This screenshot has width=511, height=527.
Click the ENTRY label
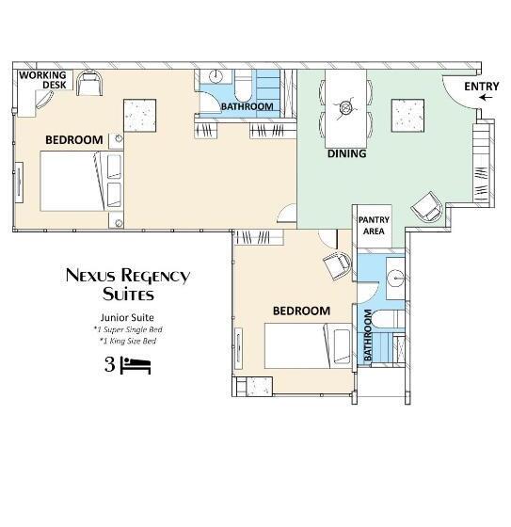pyautogui.click(x=482, y=87)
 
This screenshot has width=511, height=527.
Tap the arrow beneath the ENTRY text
pyautogui.click(x=486, y=98)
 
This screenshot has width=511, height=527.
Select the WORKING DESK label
pyautogui.click(x=43, y=80)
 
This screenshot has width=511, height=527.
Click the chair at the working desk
pyautogui.click(x=89, y=83)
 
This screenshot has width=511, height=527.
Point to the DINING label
pyautogui.click(x=347, y=153)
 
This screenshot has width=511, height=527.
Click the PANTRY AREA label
pyautogui.click(x=374, y=226)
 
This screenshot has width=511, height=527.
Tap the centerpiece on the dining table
pyautogui.click(x=344, y=107)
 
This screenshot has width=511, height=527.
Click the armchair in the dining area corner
pyautogui.click(x=427, y=207)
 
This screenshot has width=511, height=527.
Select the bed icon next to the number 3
pyautogui.click(x=136, y=366)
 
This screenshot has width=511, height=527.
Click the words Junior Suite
pyautogui.click(x=127, y=318)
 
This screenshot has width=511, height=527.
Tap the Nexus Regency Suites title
pyautogui.click(x=128, y=284)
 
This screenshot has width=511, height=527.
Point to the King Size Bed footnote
pyautogui.click(x=128, y=341)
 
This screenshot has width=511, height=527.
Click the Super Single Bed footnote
pyautogui.click(x=128, y=329)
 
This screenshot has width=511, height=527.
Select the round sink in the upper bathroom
pyautogui.click(x=216, y=76)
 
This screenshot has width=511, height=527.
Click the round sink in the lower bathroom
pyautogui.click(x=395, y=278)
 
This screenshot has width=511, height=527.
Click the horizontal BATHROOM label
pyautogui.click(x=248, y=106)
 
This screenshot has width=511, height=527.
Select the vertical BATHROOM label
pyautogui.click(x=368, y=335)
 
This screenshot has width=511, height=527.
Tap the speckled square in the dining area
pyautogui.click(x=407, y=116)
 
